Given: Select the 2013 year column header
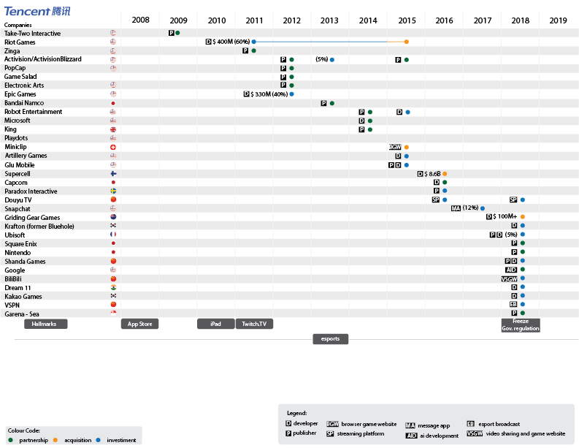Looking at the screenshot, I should [329, 20].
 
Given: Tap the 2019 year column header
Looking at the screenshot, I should [558, 20].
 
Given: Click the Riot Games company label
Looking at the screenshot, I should [20, 42].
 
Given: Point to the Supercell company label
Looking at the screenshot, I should [18, 174].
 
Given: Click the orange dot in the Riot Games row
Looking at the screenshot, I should [407, 42].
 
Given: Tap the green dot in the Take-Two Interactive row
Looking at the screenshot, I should [177, 33].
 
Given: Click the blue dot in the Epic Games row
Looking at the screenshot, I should [291, 94].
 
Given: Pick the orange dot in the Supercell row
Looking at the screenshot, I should [445, 174].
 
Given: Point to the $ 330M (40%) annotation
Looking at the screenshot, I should [269, 94].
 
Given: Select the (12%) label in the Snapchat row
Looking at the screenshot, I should [470, 208].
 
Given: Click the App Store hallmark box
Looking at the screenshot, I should [139, 324].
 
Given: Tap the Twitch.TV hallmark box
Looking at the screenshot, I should [254, 324].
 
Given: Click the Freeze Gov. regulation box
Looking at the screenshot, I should [521, 325].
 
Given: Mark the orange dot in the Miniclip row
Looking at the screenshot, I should [407, 147].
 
